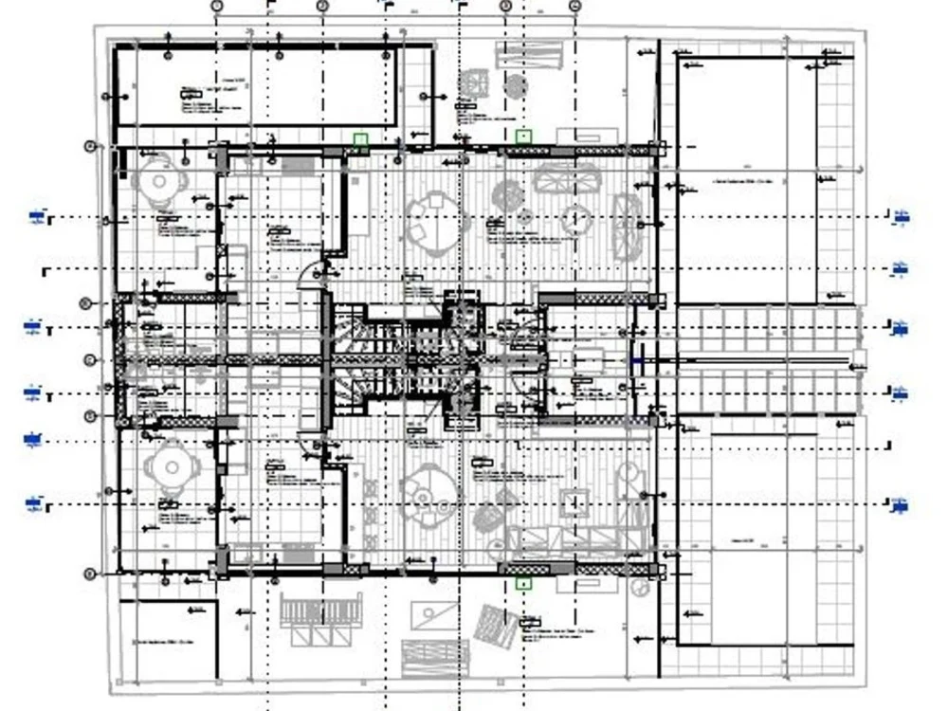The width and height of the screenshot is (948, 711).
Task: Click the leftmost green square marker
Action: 360,140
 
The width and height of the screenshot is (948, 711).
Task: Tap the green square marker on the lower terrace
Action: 522,583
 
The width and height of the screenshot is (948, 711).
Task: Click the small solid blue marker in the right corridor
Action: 638,362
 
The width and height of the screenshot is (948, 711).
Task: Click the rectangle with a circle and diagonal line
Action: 433,613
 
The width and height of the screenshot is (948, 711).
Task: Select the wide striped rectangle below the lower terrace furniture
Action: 435,656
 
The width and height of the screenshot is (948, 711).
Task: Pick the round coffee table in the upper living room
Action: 575,220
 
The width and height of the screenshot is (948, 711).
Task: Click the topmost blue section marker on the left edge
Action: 36,218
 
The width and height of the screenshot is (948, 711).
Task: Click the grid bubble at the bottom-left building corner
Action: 91,574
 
